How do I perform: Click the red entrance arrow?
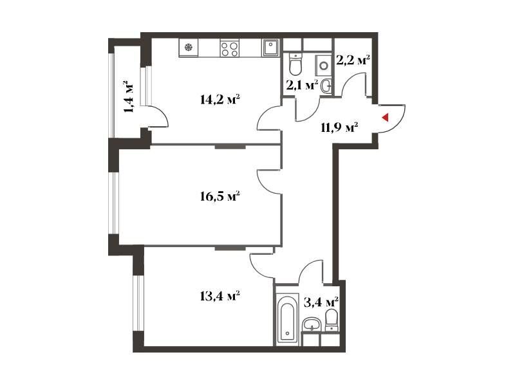(x=385, y=118)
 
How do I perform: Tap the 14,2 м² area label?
(x=220, y=99)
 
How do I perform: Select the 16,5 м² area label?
(x=220, y=197)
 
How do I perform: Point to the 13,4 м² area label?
(x=220, y=297)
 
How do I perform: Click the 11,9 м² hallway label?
(x=339, y=127)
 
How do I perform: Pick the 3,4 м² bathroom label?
(x=321, y=302)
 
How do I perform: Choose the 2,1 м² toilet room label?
(x=302, y=85)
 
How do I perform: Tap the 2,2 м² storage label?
(x=353, y=59)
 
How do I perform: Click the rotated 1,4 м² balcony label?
(x=129, y=96)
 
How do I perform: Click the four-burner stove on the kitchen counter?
(x=230, y=49)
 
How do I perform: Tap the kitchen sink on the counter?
(x=270, y=48)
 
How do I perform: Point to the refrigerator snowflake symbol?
(x=189, y=48)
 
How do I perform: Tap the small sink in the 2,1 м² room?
(x=326, y=86)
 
